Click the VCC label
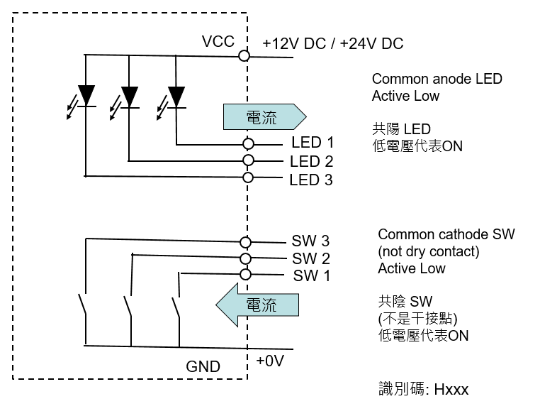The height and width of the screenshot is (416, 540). pyautogui.click(x=218, y=42)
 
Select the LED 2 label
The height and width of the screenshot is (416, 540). pyautogui.click(x=311, y=161)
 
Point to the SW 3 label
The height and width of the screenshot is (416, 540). pyautogui.click(x=310, y=242)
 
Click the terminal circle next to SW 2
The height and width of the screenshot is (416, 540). pyautogui.click(x=246, y=258)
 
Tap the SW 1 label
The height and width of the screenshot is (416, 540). pyautogui.click(x=311, y=275)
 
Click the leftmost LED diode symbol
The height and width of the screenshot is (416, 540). pyautogui.click(x=86, y=94)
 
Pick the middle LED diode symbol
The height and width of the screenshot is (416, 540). pyautogui.click(x=130, y=94)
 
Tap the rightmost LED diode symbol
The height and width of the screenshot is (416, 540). pyautogui.click(x=176, y=94)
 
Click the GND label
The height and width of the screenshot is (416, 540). pyautogui.click(x=203, y=367)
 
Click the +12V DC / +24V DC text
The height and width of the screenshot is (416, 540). pyautogui.click(x=332, y=44)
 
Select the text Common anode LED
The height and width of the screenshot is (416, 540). pyautogui.click(x=437, y=79)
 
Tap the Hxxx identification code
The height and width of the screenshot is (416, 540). pyautogui.click(x=451, y=389)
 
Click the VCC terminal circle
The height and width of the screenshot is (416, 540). pyautogui.click(x=244, y=55)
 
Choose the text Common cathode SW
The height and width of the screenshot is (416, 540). pyautogui.click(x=446, y=234)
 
